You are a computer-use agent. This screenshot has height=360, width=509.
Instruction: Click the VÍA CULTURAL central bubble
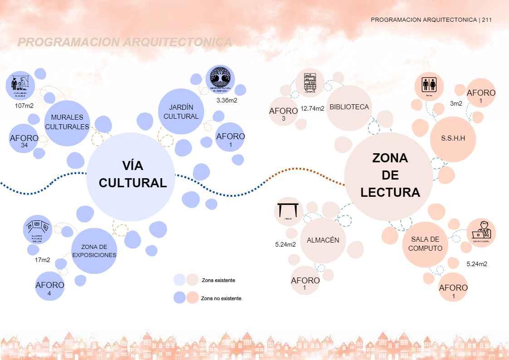point(131,176)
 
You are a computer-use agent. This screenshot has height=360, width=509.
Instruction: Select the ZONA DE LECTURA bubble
point(389,176)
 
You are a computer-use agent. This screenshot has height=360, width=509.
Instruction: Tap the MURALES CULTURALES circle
point(67,122)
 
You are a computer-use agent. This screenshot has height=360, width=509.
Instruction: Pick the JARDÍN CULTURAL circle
point(181,112)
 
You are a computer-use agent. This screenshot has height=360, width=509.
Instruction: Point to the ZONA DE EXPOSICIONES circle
point(94,251)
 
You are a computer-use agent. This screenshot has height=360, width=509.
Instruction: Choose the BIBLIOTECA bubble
point(349,107)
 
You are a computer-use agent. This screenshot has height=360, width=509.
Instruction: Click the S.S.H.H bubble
point(453,139)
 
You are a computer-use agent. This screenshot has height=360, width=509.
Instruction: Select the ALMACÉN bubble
point(323,240)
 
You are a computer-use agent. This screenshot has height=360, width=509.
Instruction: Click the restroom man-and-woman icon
point(429,85)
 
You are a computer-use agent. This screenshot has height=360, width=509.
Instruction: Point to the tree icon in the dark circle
point(220,78)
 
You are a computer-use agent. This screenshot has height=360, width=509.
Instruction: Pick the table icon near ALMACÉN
point(289,211)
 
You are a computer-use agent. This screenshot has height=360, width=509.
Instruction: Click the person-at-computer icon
point(481,232)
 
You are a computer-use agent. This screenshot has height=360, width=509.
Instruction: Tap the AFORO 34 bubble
point(24,139)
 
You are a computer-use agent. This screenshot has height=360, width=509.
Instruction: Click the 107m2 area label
point(24,106)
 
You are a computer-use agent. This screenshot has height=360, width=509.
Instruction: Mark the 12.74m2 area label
point(312,108)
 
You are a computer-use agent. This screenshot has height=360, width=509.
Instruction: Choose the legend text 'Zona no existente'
point(221,298)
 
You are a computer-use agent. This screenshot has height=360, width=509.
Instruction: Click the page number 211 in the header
point(487,20)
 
